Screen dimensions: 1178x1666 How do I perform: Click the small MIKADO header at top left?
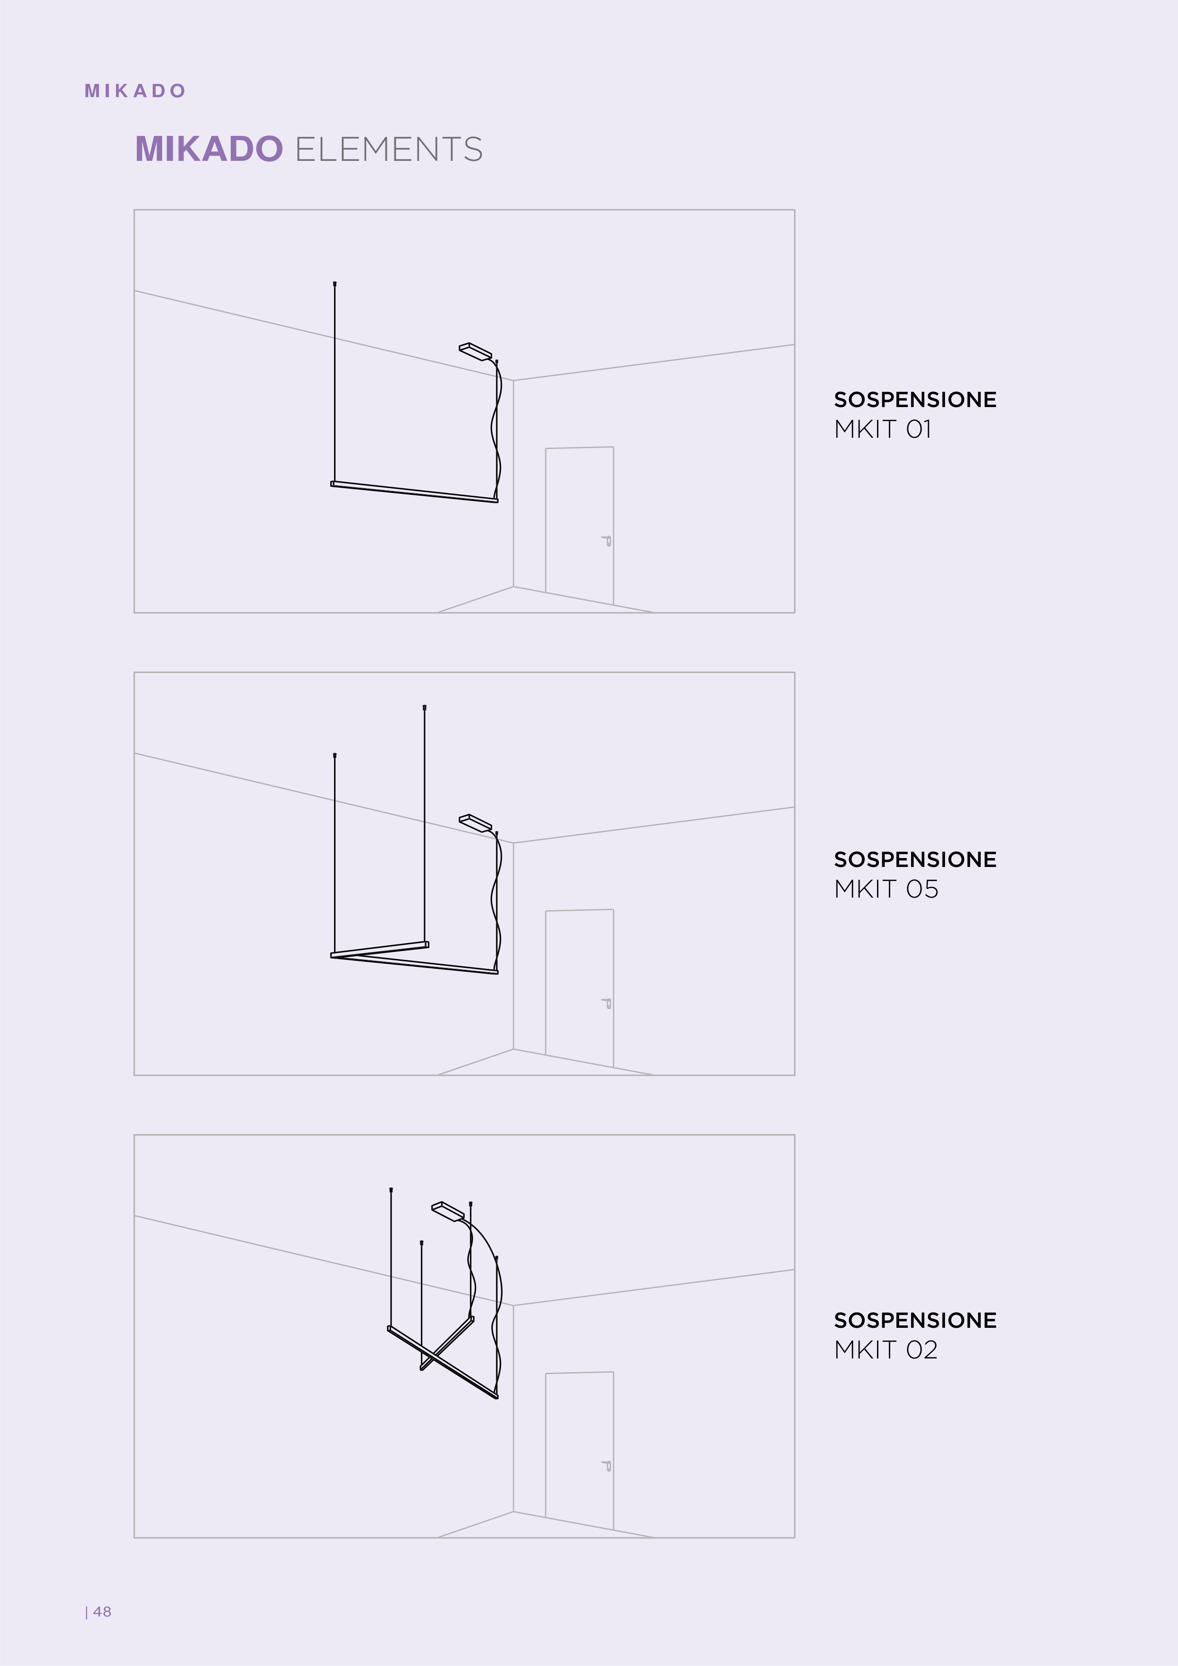(x=135, y=91)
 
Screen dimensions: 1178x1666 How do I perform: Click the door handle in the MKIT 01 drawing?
(x=607, y=541)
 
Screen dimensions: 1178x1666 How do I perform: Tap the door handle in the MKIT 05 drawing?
(x=607, y=1004)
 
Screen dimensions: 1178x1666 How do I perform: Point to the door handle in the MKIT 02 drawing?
(x=607, y=1466)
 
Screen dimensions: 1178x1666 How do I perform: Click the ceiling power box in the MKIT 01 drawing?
(x=476, y=351)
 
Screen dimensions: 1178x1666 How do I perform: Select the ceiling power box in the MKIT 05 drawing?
(x=476, y=822)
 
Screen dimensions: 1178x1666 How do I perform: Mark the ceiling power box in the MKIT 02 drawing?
(x=448, y=1211)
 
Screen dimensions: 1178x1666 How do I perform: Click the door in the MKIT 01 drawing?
(x=580, y=525)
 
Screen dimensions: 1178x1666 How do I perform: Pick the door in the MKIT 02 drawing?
(x=580, y=1450)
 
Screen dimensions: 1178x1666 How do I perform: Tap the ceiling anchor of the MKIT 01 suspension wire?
(x=334, y=283)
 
